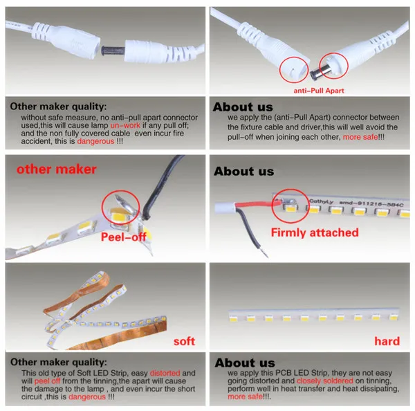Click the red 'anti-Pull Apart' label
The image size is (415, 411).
point(319,91)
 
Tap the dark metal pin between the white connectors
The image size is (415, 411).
point(113,51)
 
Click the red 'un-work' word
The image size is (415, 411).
point(125,125)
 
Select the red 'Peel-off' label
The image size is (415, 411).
point(124,237)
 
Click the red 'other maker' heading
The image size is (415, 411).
point(57,170)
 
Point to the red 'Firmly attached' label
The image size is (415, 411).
point(315,232)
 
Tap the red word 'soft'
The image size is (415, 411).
point(184,341)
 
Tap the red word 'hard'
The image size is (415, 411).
point(387,341)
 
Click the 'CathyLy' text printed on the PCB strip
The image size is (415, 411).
point(321,201)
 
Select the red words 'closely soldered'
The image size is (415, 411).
point(325,381)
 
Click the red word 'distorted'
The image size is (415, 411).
point(165,373)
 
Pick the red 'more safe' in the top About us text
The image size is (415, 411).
point(360,137)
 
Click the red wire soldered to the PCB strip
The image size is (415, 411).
point(257,204)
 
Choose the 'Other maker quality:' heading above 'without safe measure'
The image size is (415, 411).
point(58,107)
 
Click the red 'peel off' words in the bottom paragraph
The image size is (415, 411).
point(47,381)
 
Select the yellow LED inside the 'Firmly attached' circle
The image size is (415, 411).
point(290,208)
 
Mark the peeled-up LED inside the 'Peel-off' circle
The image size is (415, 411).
point(120,215)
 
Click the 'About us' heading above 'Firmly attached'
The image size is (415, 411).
point(243,172)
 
